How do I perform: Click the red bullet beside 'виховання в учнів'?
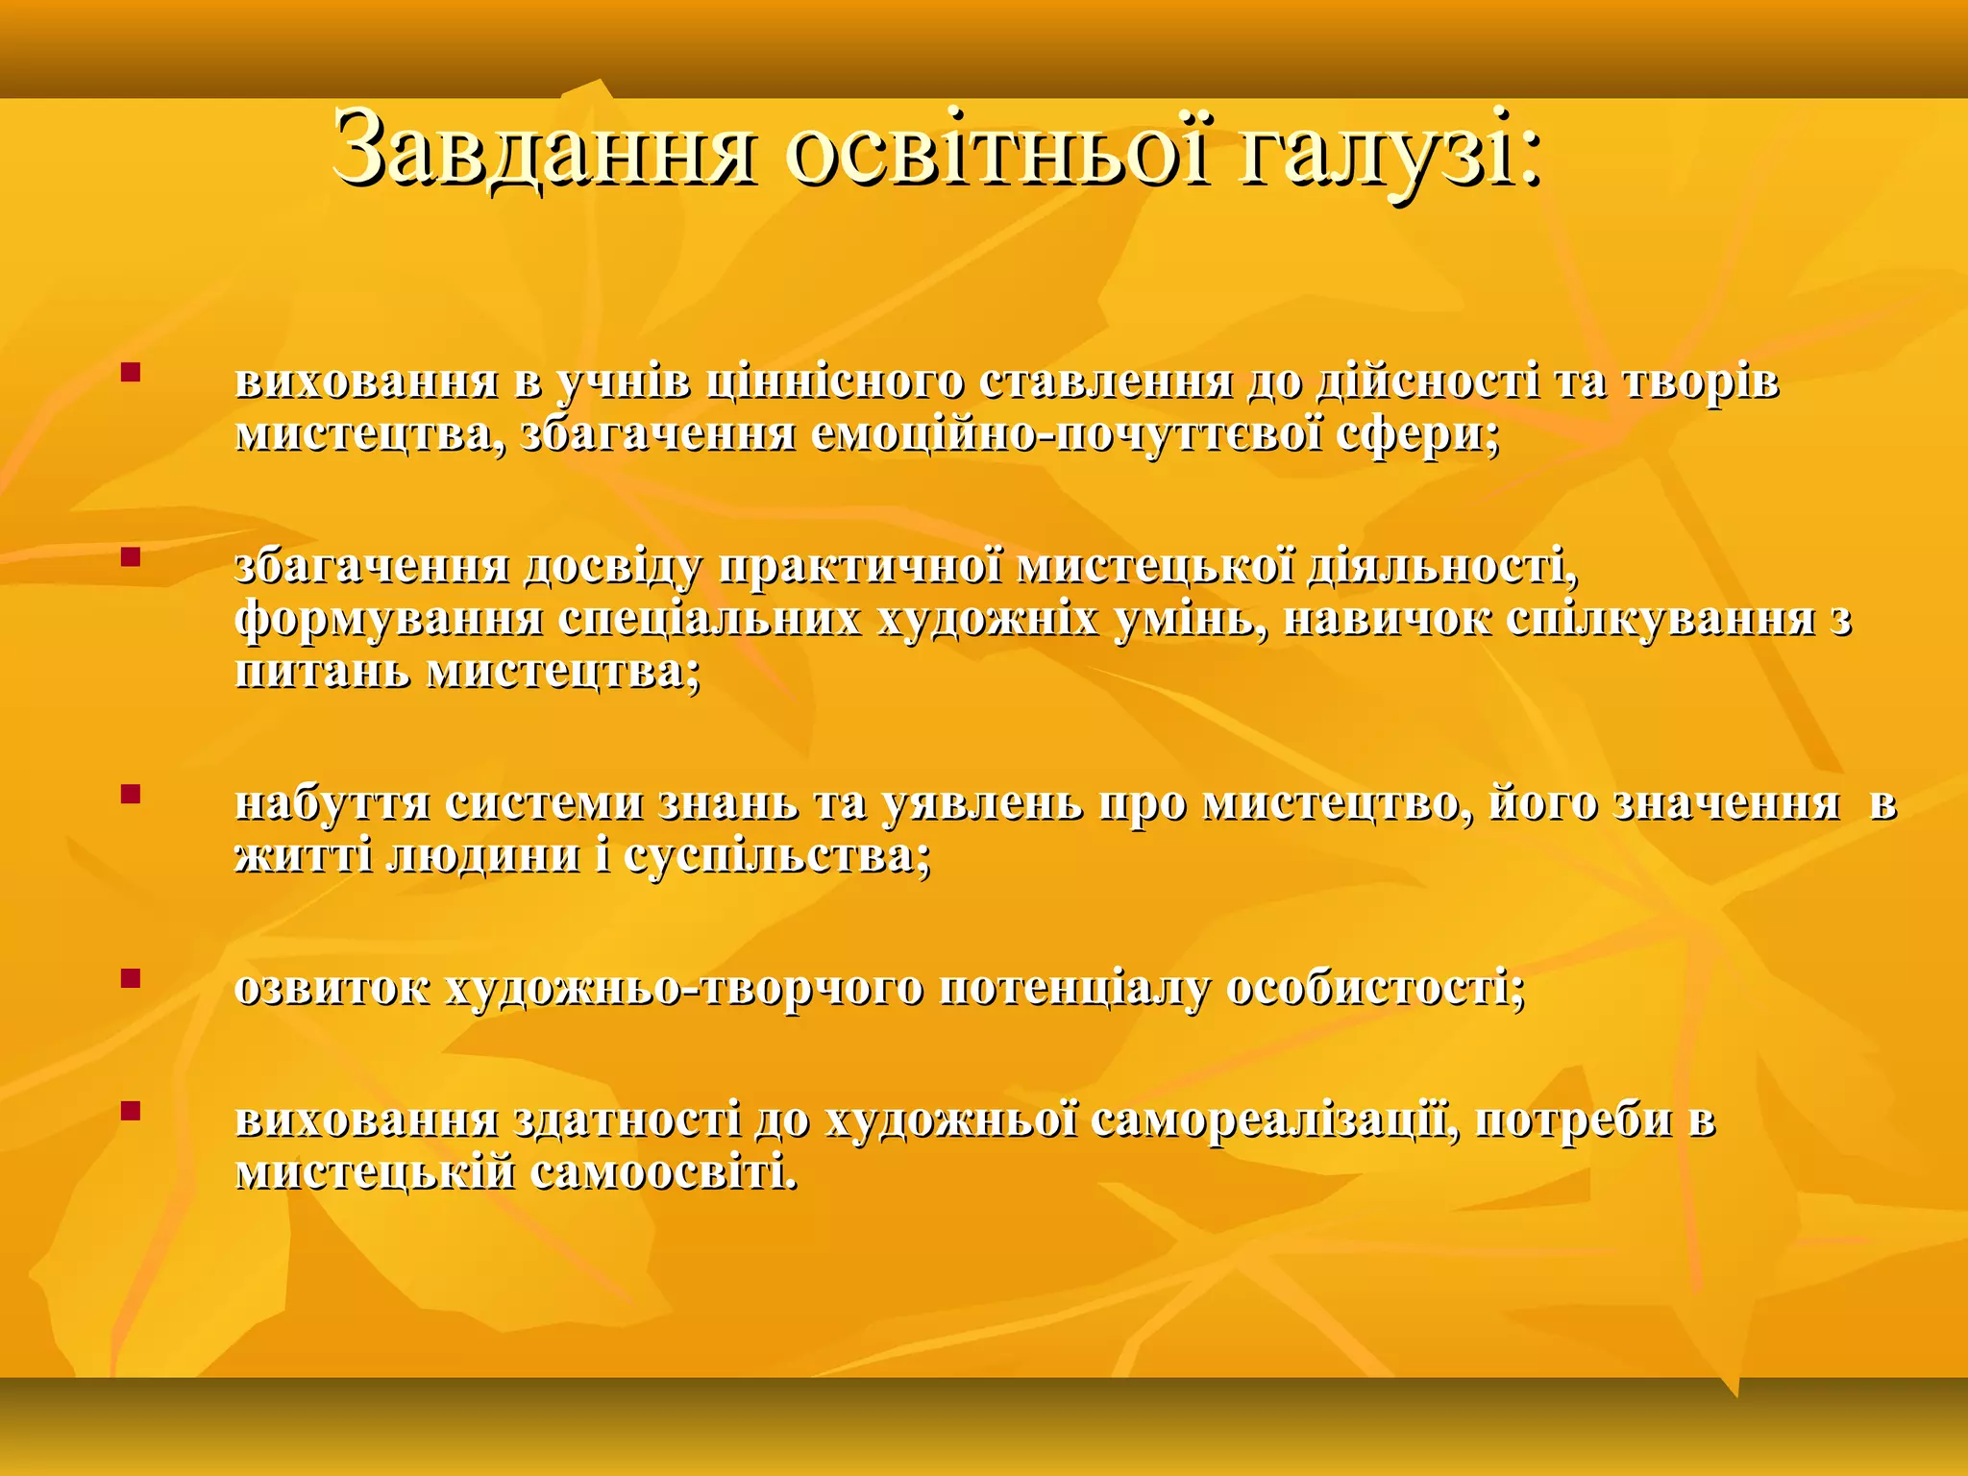[x=131, y=371]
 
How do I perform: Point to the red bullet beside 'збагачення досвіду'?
[x=131, y=555]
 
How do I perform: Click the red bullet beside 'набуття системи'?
[x=131, y=794]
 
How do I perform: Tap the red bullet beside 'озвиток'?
[x=131, y=978]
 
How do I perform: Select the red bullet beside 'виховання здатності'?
[x=131, y=1111]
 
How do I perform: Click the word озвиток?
[x=332, y=990]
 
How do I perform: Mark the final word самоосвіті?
[x=663, y=1172]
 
